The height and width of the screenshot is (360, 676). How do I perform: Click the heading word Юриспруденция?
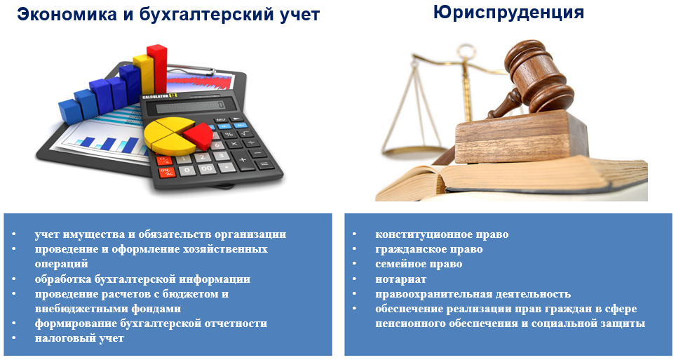click(508, 13)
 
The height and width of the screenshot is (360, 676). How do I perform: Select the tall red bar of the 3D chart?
click(156, 68)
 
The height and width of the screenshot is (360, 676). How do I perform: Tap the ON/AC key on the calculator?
click(166, 172)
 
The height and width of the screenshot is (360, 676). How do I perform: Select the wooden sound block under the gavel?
click(522, 137)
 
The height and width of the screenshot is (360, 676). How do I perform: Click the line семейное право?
click(419, 264)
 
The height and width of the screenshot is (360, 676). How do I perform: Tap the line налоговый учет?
click(79, 338)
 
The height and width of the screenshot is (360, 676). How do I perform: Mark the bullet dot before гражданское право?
click(354, 248)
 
